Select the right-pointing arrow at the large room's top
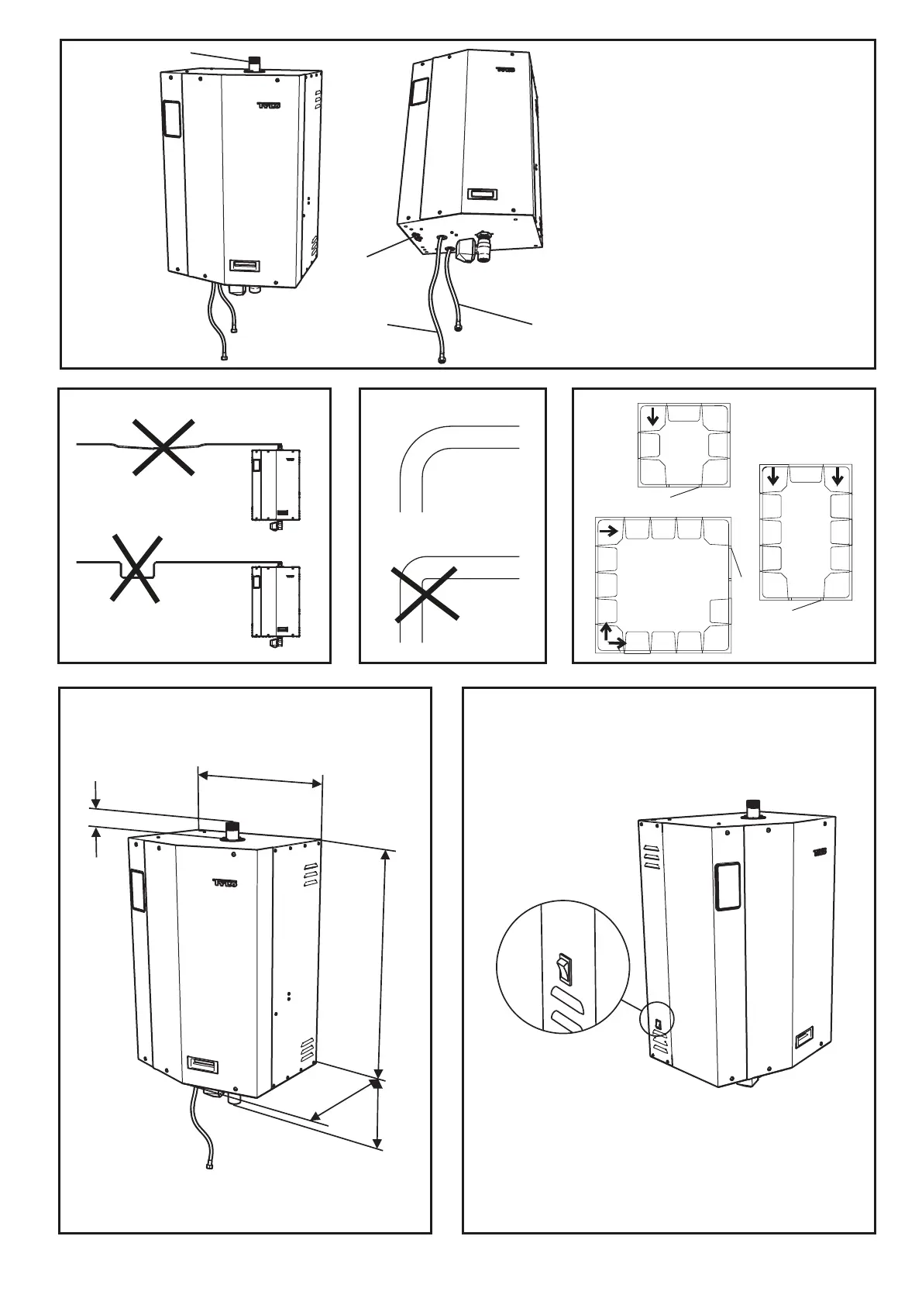point(609,532)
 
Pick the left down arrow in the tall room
point(772,477)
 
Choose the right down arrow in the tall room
point(838,477)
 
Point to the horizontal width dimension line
point(260,777)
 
